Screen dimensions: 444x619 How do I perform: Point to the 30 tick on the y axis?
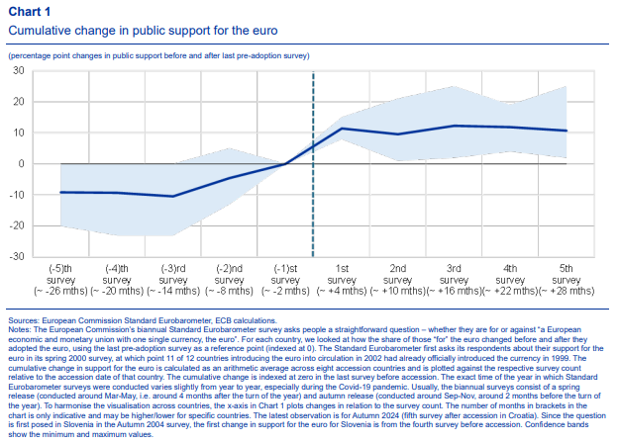(19, 70)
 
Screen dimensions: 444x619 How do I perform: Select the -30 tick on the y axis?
(17, 256)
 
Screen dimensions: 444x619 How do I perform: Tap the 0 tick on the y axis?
(21, 163)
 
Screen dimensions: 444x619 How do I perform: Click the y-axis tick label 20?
(19, 102)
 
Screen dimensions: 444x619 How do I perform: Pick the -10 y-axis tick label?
(17, 195)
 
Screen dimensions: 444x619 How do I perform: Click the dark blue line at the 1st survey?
(342, 129)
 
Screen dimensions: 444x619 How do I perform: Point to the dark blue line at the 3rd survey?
(454, 126)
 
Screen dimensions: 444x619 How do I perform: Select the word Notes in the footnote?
(21, 331)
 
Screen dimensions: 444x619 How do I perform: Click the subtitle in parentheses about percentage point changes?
(159, 53)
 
